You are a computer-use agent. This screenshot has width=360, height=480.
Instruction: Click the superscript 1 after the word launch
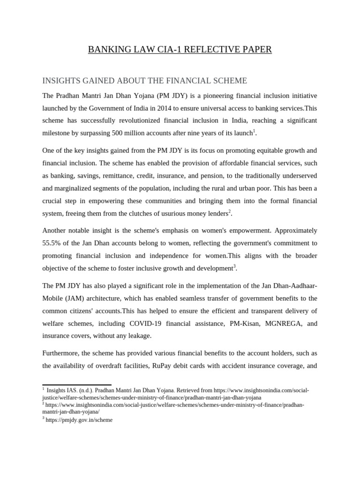pyautogui.click(x=254, y=131)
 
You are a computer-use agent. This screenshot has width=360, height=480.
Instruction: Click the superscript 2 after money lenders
pyautogui.click(x=230, y=211)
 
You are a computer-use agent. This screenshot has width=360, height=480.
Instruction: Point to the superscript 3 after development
pyautogui.click(x=234, y=266)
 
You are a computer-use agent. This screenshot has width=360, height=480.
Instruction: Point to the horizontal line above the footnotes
pyautogui.click(x=77, y=385)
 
